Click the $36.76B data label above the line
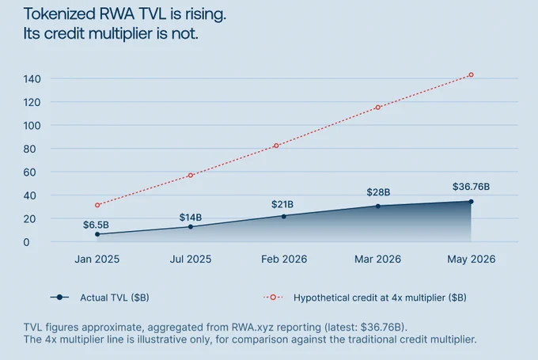click(x=471, y=187)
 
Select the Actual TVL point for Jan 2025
click(x=97, y=234)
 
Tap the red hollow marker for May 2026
click(x=471, y=75)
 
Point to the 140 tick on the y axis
click(x=32, y=79)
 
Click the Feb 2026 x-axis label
click(x=284, y=259)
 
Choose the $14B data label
click(x=191, y=218)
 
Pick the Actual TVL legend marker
click(x=59, y=297)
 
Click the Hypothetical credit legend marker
click(x=273, y=297)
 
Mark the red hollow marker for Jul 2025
click(x=191, y=176)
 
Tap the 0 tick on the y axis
click(x=26, y=242)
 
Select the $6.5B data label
click(x=96, y=225)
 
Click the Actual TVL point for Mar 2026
click(x=377, y=207)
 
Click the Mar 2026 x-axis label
click(x=377, y=259)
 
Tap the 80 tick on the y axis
click(x=29, y=149)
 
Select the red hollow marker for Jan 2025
click(x=97, y=205)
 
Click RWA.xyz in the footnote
click(x=252, y=327)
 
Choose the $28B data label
click(x=378, y=192)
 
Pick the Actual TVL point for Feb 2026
click(x=284, y=217)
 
